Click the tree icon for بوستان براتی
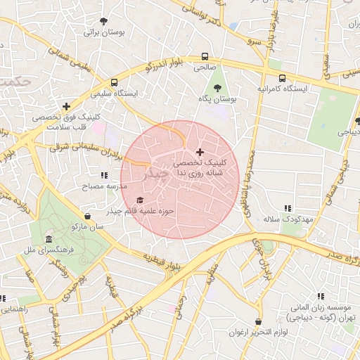pyautogui.click(x=104, y=21)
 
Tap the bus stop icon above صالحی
pyautogui.click(x=205, y=56)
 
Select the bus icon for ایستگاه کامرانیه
pyautogui.click(x=282, y=78)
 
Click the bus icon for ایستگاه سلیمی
pyautogui.click(x=114, y=82)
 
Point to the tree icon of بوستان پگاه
pyautogui.click(x=217, y=89)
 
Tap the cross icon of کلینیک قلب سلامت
pyautogui.click(x=67, y=107)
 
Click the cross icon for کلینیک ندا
pyautogui.click(x=200, y=152)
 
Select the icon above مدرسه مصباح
pyautogui.click(x=104, y=175)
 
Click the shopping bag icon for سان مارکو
pyautogui.click(x=87, y=216)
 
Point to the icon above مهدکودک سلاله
pyautogui.click(x=287, y=208)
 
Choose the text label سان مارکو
pyautogui.click(x=87, y=227)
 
